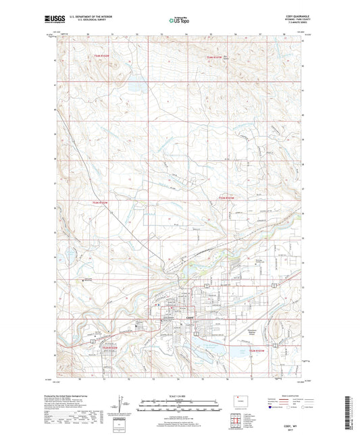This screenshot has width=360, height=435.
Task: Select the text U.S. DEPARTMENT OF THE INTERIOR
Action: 107,18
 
